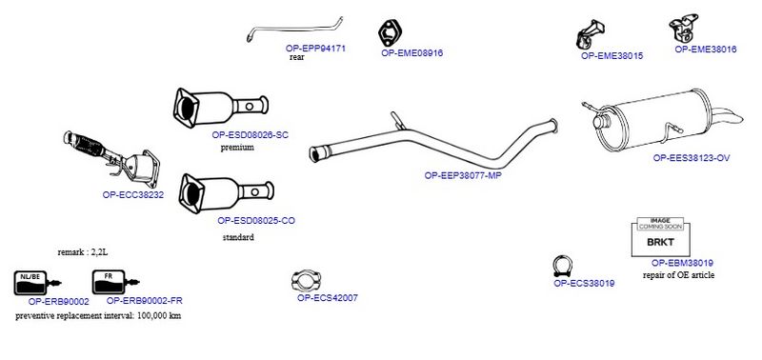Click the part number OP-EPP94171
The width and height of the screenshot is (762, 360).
315,49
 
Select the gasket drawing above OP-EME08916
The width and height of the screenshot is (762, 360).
390,32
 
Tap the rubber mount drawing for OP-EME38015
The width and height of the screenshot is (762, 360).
590,34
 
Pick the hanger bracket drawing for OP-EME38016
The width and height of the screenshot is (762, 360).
683,28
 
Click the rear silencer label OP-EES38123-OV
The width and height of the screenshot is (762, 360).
692,158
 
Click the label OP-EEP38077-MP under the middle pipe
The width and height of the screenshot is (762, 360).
463,175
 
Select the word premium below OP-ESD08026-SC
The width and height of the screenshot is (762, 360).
237,148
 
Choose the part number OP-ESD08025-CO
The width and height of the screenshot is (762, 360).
256,221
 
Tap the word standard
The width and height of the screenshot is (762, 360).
238,237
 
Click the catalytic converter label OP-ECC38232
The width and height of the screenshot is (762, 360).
133,195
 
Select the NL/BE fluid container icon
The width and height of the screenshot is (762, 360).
37,283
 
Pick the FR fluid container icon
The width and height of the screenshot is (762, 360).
115,282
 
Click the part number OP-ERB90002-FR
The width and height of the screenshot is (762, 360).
145,301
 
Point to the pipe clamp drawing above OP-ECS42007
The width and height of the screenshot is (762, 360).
307,281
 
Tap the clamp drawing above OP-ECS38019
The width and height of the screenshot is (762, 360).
562,267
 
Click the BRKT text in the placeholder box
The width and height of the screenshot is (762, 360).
660,242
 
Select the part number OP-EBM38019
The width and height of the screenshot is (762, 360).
682,263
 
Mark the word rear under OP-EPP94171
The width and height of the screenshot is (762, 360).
297,57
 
